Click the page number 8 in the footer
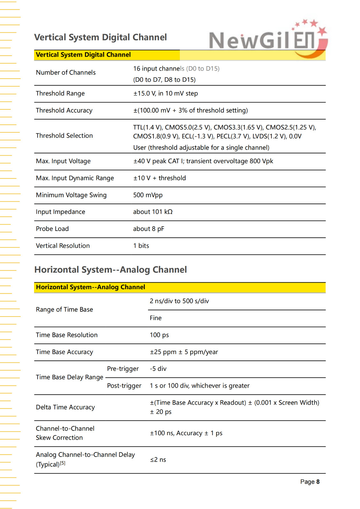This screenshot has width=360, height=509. click(x=318, y=482)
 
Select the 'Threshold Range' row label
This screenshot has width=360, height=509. click(x=60, y=94)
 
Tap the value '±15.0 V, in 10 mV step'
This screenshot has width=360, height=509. click(x=166, y=94)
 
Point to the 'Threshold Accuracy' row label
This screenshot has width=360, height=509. click(x=64, y=110)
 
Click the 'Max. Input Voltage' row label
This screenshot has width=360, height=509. click(x=63, y=161)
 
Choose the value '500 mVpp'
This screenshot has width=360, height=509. click(x=148, y=195)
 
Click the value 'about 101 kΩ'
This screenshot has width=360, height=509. click(x=153, y=212)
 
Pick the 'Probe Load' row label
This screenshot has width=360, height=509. click(x=52, y=229)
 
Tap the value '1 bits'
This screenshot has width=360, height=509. click(x=141, y=246)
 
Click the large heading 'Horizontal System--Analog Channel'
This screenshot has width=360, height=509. click(x=110, y=270)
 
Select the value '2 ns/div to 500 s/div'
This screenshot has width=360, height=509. click(x=179, y=301)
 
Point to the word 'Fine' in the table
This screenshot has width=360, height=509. click(x=156, y=318)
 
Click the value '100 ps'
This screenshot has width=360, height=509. click(x=159, y=335)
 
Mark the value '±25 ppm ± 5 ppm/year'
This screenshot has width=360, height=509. click(x=184, y=352)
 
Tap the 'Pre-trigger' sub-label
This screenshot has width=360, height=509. click(x=123, y=369)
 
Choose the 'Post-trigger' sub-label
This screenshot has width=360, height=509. click(x=124, y=386)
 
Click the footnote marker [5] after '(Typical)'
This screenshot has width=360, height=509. click(x=63, y=463)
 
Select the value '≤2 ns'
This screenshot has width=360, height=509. click(x=158, y=460)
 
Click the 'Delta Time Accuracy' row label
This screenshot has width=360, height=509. click(x=65, y=407)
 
